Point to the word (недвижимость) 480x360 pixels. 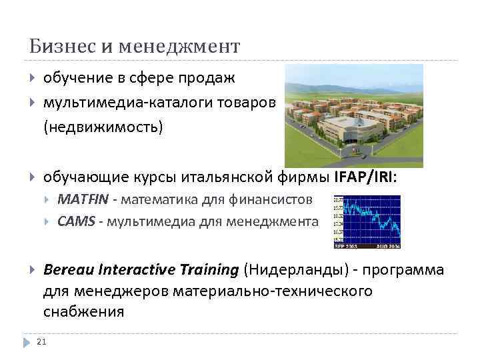pyautogui.click(x=103, y=127)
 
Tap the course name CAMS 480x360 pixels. pyautogui.click(x=75, y=221)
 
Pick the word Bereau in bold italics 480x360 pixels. pyautogui.click(x=69, y=269)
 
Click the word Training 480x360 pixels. pyautogui.click(x=209, y=269)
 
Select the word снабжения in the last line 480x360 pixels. pyautogui.click(x=83, y=312)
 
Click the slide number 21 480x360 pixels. pyautogui.click(x=41, y=343)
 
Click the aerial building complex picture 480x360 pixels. pyautogui.click(x=353, y=115)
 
